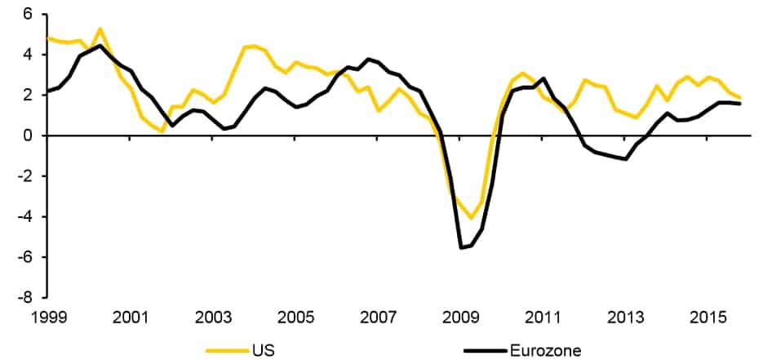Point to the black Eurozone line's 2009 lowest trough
click(462, 247)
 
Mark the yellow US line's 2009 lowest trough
click(470, 218)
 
